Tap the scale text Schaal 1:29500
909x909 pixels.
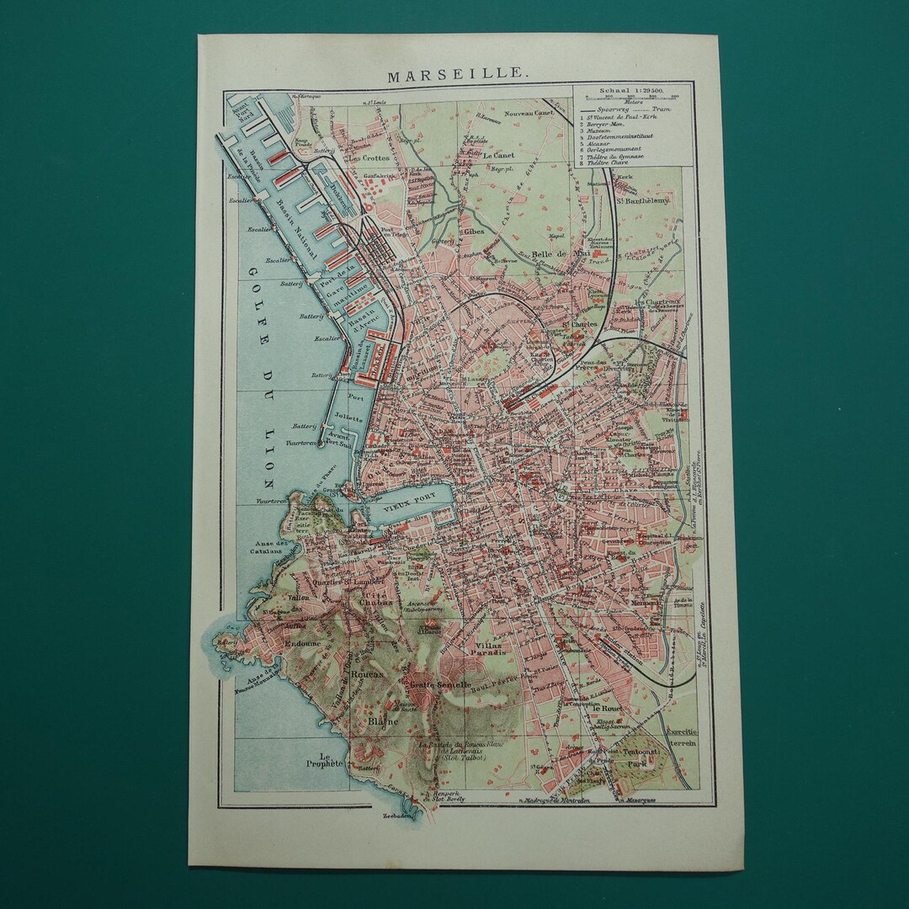pos(630,89)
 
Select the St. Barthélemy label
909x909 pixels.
pos(655,199)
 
